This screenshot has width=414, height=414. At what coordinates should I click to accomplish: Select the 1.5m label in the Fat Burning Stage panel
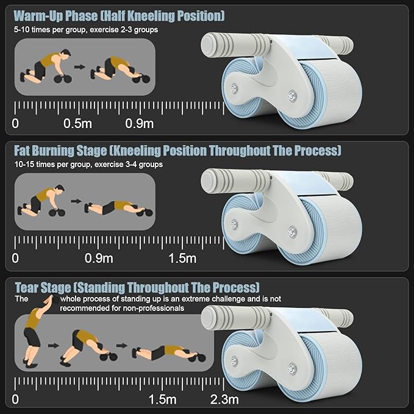182,259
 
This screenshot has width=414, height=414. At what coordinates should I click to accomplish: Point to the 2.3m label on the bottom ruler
225,399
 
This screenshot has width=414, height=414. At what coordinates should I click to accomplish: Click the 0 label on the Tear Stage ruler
16,399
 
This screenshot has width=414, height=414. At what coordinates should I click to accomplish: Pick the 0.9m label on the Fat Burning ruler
99,259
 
